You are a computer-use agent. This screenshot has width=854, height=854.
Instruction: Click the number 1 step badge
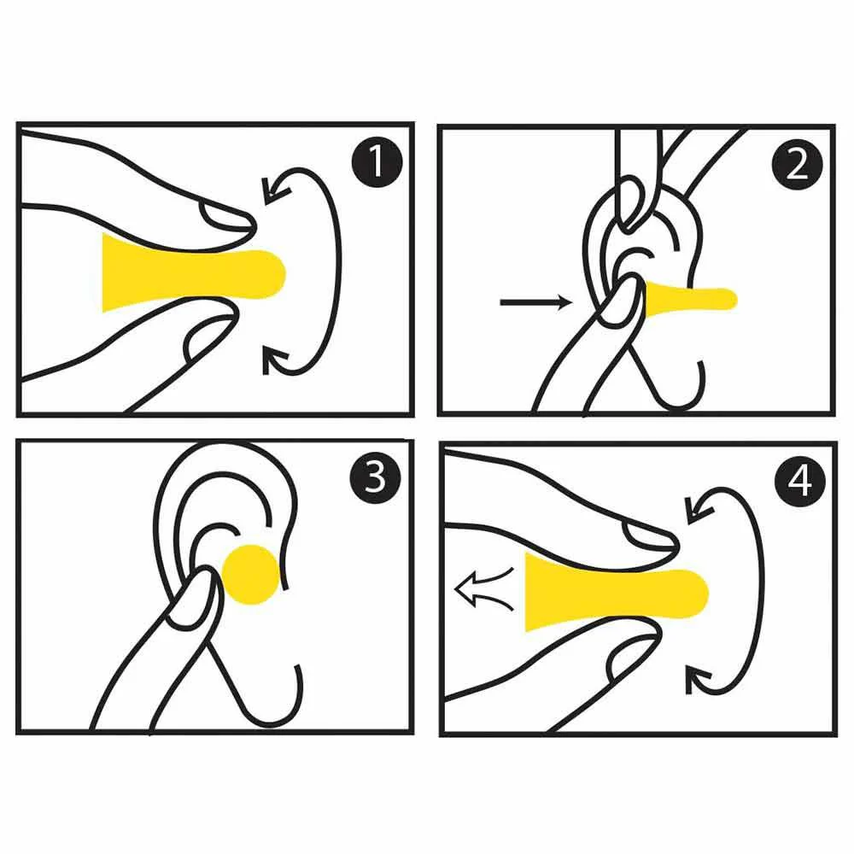pyautogui.click(x=377, y=161)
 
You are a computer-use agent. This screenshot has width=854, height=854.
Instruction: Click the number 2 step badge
pyautogui.click(x=798, y=164)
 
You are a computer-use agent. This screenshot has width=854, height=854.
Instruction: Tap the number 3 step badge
pyautogui.click(x=376, y=477)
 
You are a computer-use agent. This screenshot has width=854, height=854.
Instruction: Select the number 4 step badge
pyautogui.click(x=799, y=481)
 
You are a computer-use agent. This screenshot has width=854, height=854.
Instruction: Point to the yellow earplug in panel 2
pyautogui.click(x=689, y=298)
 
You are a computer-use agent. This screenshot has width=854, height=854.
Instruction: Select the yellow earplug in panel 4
pyautogui.click(x=617, y=592)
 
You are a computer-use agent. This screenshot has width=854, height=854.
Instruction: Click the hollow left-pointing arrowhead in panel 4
pyautogui.click(x=466, y=590)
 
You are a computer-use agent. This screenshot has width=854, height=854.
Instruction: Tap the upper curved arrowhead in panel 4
pyautogui.click(x=698, y=509)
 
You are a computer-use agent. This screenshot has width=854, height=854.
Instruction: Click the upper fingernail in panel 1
pyautogui.click(x=225, y=216)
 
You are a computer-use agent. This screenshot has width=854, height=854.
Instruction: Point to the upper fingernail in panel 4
pyautogui.click(x=647, y=536)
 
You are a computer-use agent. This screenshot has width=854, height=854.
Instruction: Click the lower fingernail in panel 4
pyautogui.click(x=632, y=658)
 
